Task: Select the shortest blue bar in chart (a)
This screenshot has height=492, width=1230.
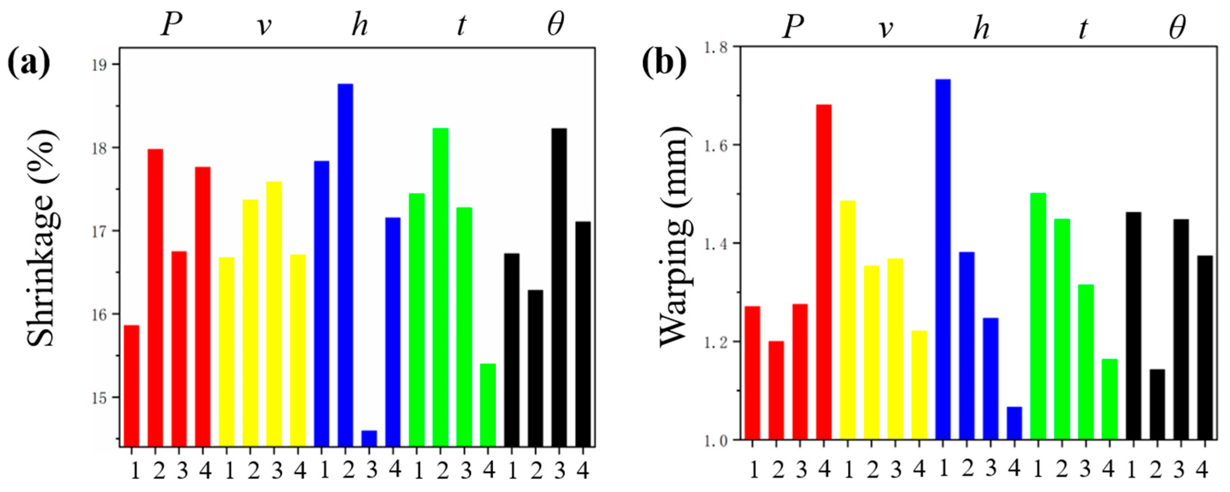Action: [x=369, y=438]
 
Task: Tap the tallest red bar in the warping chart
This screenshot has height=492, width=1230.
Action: [x=824, y=272]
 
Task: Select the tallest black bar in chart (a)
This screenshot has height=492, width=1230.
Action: [x=559, y=287]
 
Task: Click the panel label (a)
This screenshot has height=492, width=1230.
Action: [x=29, y=64]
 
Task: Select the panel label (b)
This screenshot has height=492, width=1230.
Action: [x=664, y=64]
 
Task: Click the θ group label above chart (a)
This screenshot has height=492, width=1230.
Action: [x=555, y=25]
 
